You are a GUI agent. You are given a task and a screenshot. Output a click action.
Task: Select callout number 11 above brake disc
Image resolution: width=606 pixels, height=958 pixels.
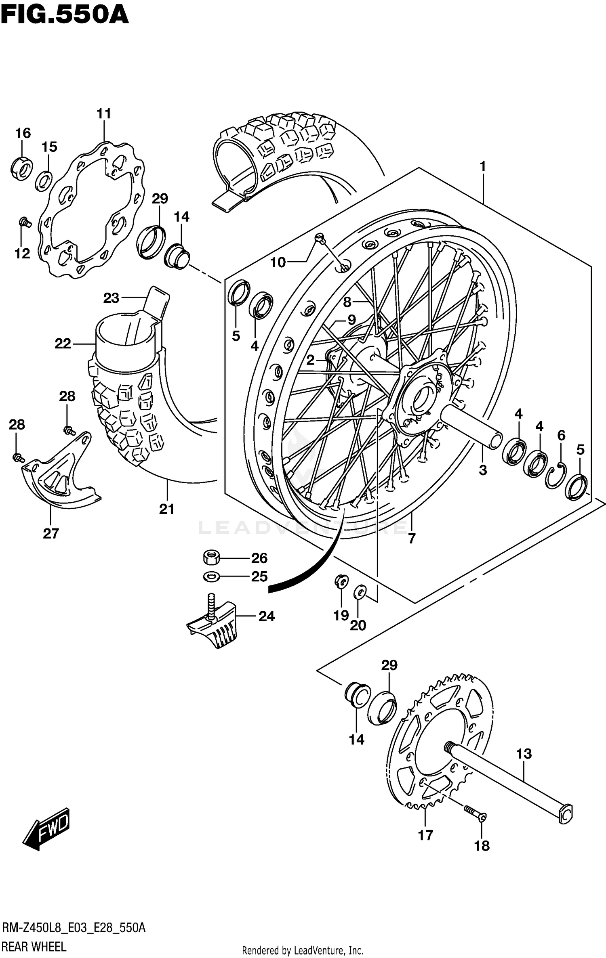tap(104, 114)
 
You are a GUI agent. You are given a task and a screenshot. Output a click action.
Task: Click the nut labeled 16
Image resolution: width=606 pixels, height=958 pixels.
tap(21, 167)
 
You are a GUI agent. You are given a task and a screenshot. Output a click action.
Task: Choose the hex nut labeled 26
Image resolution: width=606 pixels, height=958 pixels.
tap(211, 558)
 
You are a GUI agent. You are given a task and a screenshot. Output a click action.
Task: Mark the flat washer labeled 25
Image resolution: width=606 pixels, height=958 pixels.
tap(211, 576)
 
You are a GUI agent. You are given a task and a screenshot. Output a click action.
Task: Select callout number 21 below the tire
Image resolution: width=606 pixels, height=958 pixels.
tap(166, 509)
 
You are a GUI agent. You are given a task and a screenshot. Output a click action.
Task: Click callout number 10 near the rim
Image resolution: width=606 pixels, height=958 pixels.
tap(278, 262)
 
